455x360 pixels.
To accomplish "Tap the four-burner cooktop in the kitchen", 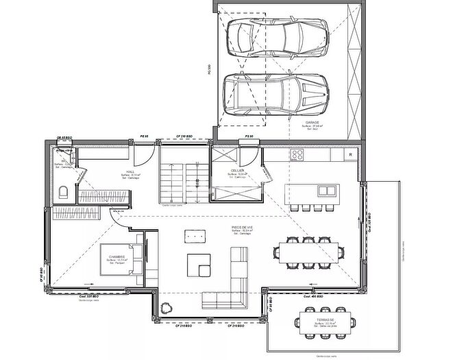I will click(298, 155).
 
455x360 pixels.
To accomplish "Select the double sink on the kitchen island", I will click(326, 191).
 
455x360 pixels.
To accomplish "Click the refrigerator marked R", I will click(350, 155).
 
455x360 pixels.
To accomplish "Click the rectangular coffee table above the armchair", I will click(195, 236).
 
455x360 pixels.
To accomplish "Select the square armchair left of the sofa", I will click(198, 265).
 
